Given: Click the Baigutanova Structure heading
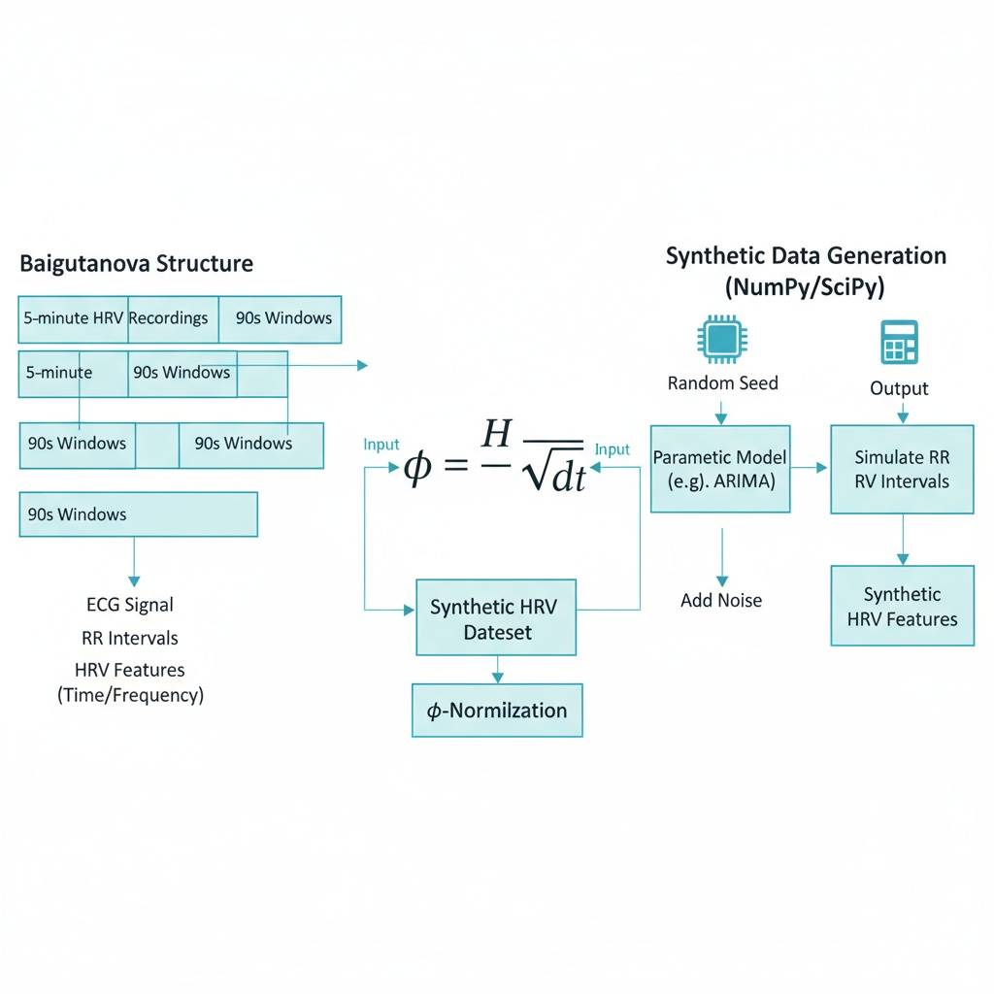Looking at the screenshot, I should (136, 263).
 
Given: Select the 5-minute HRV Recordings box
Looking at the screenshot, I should (116, 318).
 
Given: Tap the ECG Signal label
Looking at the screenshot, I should (130, 605).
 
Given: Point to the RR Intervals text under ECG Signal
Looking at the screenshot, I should (130, 638).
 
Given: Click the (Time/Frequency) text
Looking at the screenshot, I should (130, 695).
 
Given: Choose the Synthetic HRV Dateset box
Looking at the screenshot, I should (495, 619).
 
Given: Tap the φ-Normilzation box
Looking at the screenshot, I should (497, 711).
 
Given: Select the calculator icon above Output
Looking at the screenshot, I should (899, 343).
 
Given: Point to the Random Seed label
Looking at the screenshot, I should (722, 383).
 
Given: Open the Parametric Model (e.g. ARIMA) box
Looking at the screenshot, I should (719, 468).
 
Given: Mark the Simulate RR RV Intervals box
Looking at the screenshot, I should (902, 469).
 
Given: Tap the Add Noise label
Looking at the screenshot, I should (721, 600).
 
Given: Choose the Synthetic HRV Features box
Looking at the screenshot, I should (902, 607).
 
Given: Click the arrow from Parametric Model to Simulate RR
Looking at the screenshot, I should (809, 467).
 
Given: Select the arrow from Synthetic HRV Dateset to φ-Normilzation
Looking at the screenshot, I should (497, 669).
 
